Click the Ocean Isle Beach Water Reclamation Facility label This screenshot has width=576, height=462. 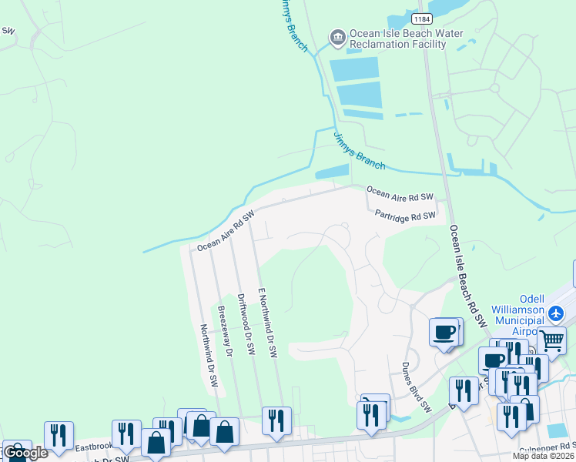pos(397,38)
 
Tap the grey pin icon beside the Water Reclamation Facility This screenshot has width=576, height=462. pos(337,36)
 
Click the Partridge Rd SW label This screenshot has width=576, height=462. pos(406,216)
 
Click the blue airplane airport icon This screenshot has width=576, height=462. pos(557,314)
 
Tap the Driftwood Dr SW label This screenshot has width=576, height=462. pos(245,323)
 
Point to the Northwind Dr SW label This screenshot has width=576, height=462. pos(209,355)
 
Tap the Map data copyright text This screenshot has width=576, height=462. pos(544,456)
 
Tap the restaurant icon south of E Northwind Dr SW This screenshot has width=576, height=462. pos(276,420)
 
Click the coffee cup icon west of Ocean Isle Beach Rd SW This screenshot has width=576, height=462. pos(444,332)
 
